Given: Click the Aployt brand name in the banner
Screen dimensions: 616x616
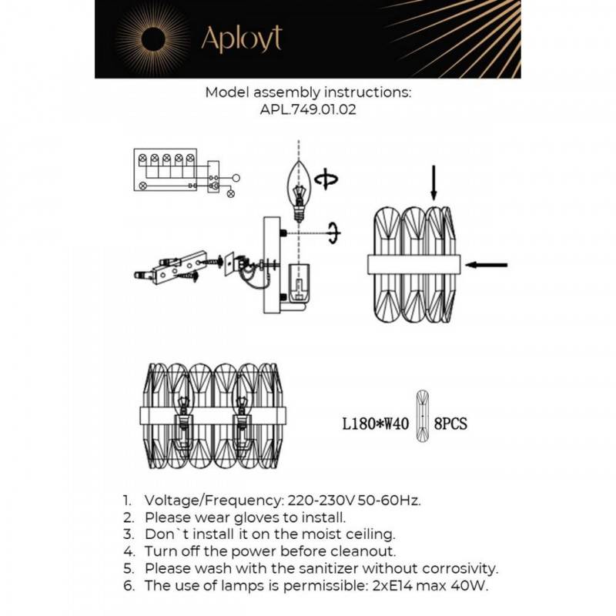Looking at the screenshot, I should [241, 38].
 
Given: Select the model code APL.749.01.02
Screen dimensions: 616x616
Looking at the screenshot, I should [308, 110].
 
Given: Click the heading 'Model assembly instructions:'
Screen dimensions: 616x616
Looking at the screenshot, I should [308, 92].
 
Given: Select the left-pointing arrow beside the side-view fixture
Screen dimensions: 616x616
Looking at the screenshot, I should [487, 265].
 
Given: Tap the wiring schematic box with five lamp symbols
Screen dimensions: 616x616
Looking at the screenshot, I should [166, 170].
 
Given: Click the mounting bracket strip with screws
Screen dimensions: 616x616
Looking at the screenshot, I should [179, 266].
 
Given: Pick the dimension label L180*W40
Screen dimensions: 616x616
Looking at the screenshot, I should [376, 423].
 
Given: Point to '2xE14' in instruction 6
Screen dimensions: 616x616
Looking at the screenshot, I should [393, 586].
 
